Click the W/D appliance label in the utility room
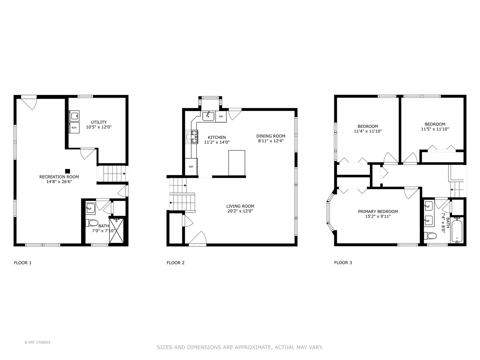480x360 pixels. tap(74, 128)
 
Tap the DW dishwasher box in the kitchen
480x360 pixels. tap(221, 117)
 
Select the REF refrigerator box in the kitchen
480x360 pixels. tap(191, 166)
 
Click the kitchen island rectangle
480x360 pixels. tap(237, 163)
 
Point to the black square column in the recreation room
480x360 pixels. tap(67, 171)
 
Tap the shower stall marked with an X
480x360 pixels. tap(117, 231)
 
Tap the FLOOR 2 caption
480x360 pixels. tap(175, 263)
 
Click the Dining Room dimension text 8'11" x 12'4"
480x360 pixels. tap(271, 141)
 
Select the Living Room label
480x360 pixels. tap(240, 206)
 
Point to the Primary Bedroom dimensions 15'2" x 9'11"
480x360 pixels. tap(378, 216)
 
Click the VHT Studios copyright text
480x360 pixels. tap(37, 342)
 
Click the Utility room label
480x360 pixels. tap(99, 122)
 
